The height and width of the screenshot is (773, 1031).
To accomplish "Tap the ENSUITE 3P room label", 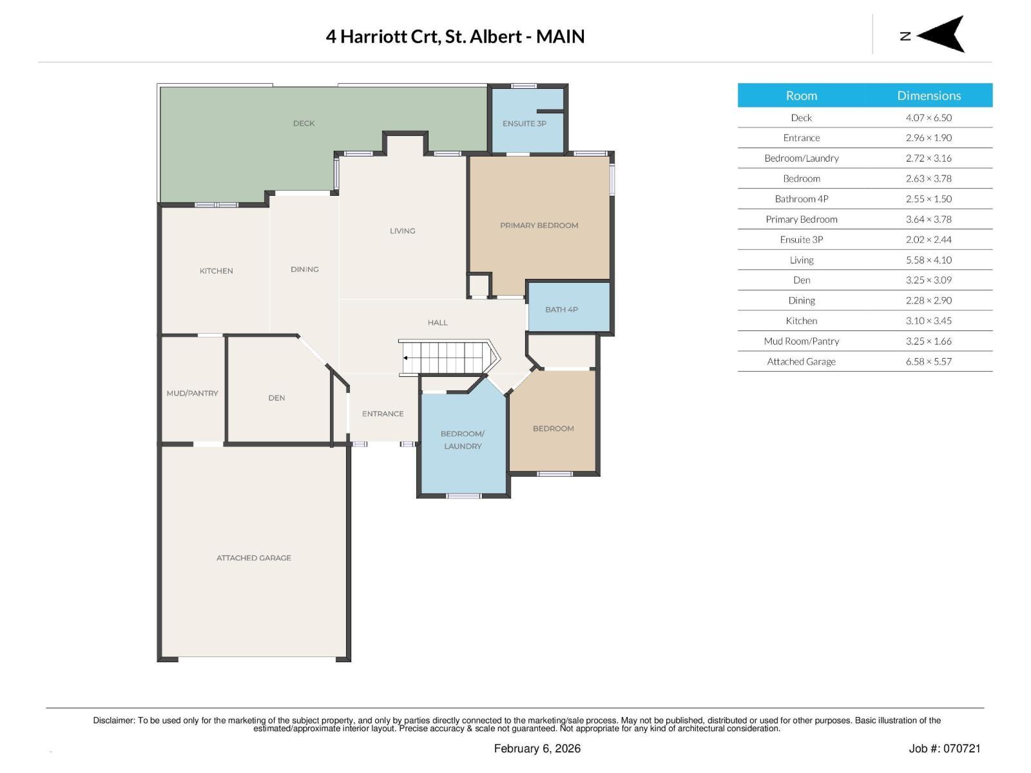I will coord(524,123).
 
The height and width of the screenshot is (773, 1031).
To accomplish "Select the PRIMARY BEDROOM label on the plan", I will coord(539,225).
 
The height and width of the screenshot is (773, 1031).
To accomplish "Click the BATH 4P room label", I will coord(561,310).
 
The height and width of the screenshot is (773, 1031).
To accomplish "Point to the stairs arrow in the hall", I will coord(406,358).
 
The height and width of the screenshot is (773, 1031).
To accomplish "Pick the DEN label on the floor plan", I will coord(276,398).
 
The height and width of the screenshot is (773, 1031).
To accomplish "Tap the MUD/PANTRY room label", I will coord(192,393).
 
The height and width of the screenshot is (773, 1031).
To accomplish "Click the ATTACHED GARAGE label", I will coord(253,558).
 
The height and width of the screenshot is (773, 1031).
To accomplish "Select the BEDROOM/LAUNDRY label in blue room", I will coord(462,440).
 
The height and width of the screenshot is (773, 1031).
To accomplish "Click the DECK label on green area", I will coord(304,123).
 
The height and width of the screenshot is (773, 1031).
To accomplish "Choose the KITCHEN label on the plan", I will coord(216,271).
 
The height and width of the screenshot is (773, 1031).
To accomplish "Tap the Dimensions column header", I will coord(929,95).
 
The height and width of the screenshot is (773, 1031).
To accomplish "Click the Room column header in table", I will coord(801,95).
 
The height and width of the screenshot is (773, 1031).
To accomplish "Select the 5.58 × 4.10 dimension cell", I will coord(929,260).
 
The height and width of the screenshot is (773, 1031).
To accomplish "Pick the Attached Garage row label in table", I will coord(801,361).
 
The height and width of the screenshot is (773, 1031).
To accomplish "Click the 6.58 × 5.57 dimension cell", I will coord(929,361).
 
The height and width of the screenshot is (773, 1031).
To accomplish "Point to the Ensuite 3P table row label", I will coord(801,239).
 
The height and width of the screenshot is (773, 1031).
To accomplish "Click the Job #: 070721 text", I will coord(944,749).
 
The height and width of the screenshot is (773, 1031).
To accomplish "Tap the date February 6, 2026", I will coord(537,749).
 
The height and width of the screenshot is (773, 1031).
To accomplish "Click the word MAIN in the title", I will coord(560,36).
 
